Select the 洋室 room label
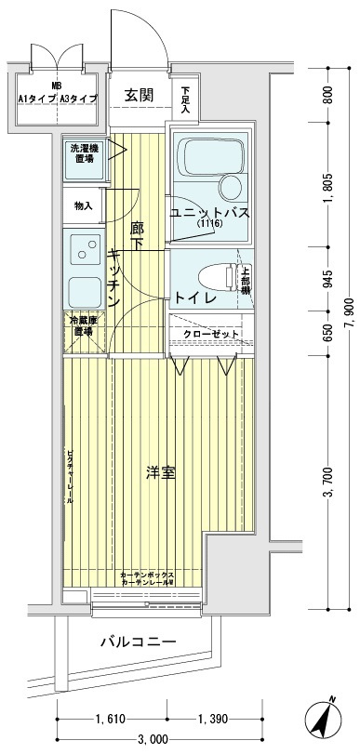tap(161, 473)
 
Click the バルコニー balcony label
tap(140, 642)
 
